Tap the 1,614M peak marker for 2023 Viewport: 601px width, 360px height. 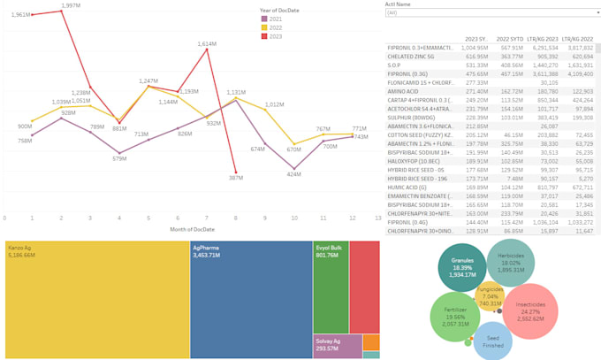(x=207, y=50)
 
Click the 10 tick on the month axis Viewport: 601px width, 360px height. (x=294, y=218)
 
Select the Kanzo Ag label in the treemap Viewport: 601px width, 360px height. (x=21, y=249)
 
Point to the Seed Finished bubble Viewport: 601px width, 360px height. (x=493, y=341)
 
